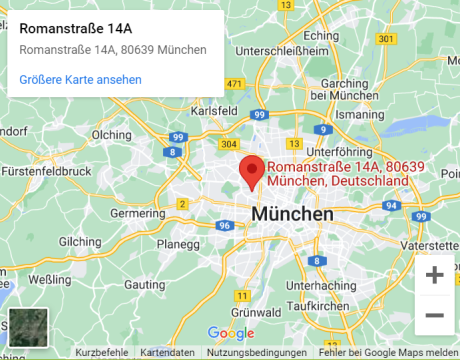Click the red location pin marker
coord(252,170)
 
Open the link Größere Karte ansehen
coord(80,79)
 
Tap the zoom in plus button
coord(435,275)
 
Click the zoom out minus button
coord(435,315)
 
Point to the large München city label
coord(292,215)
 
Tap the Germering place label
coord(137,213)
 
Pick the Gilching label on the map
coord(80,242)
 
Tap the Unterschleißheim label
coord(282,49)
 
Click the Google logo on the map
coord(231,333)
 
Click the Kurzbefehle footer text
coord(102,353)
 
